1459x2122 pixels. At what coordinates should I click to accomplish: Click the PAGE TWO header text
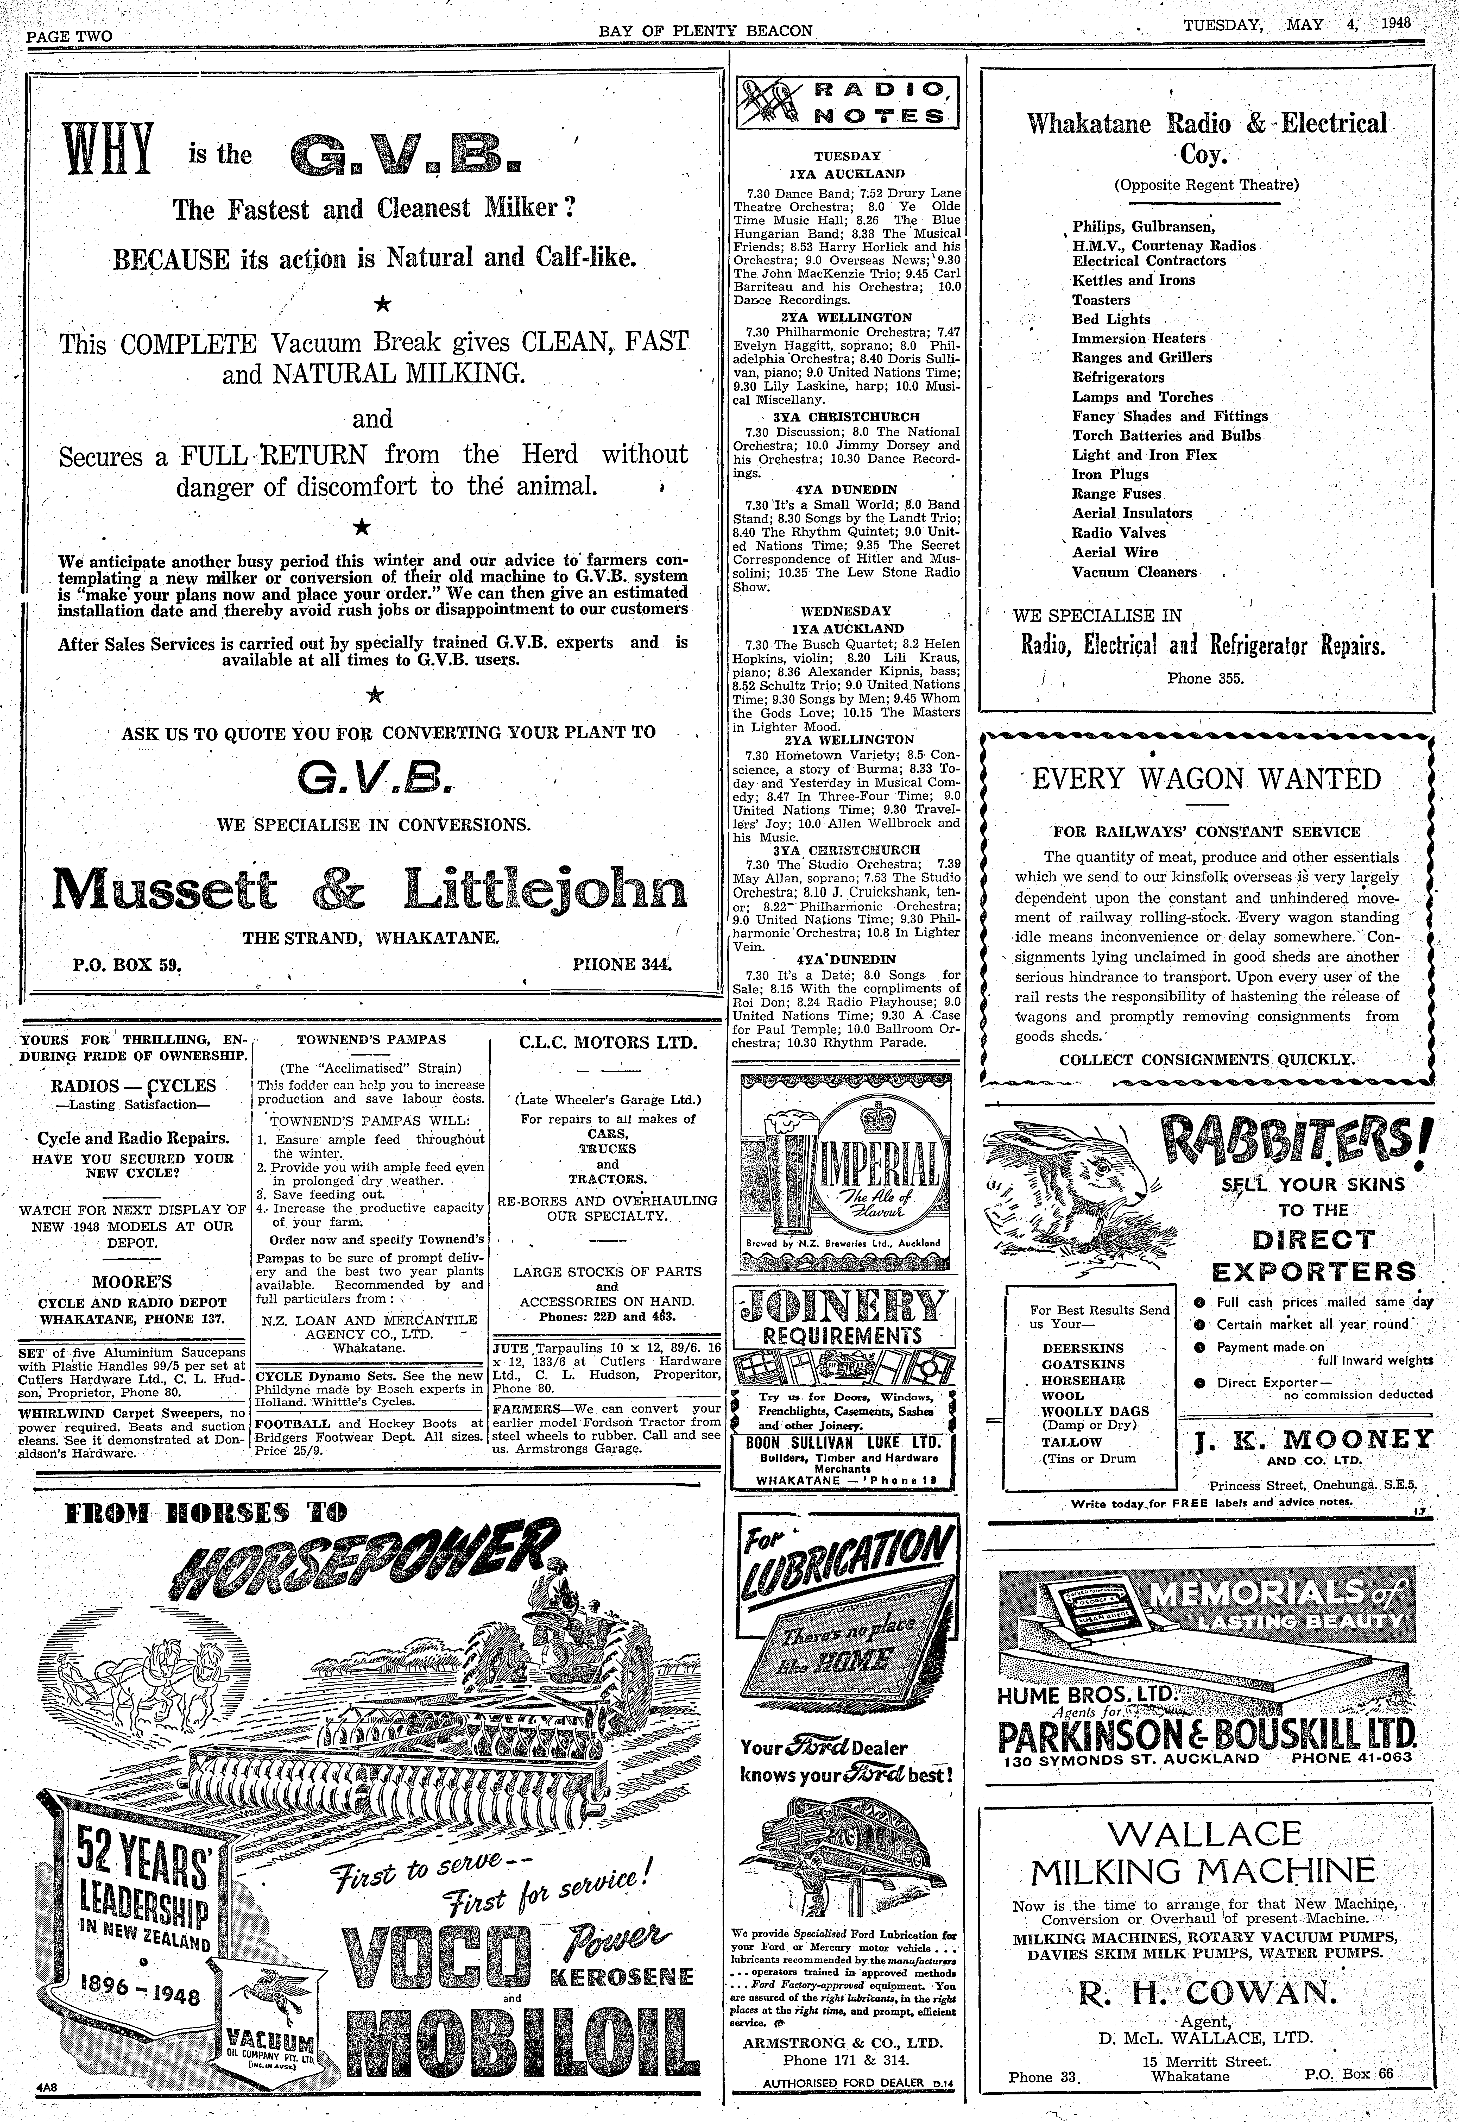(x=70, y=36)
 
